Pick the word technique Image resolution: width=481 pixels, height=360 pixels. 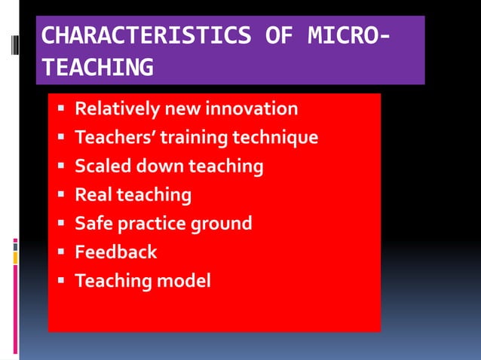[x=275, y=138]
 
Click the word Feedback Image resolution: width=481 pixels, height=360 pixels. [x=115, y=252]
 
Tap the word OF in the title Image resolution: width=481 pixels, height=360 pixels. [x=279, y=35]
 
